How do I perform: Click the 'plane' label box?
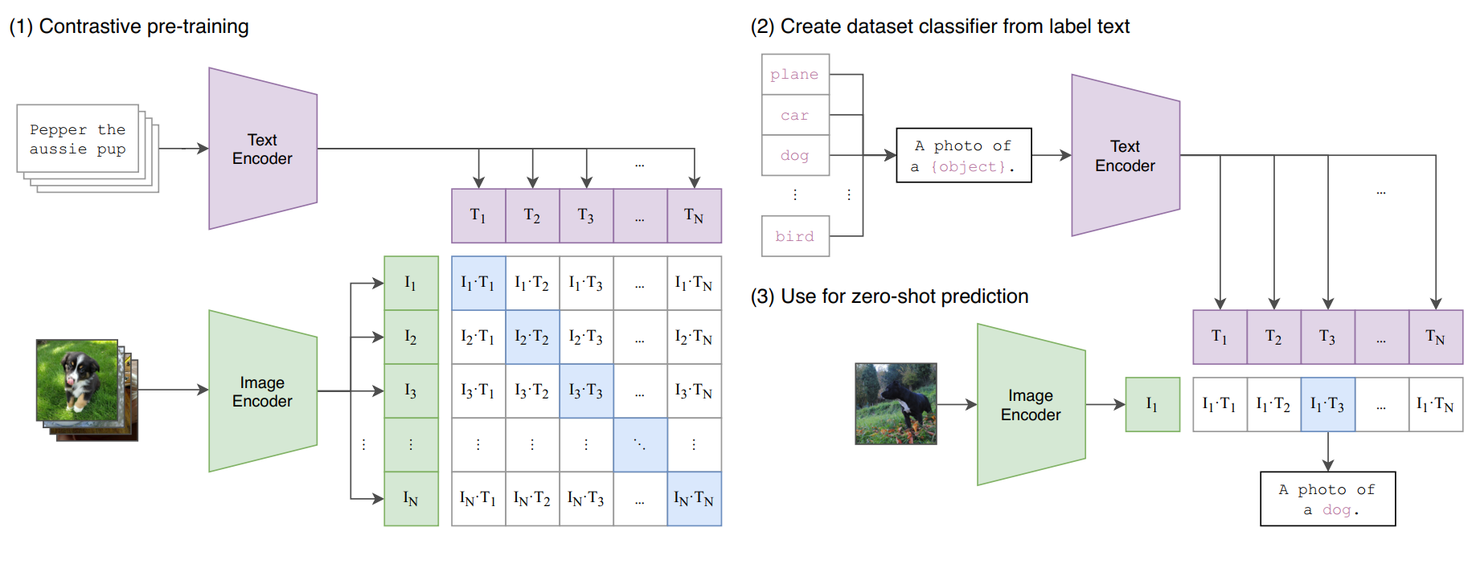click(x=795, y=75)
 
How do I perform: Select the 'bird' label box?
click(x=795, y=236)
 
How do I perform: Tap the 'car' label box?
click(x=795, y=115)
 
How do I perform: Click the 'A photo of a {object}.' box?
click(x=963, y=156)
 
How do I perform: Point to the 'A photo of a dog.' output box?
click(x=1327, y=499)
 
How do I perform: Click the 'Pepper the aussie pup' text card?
click(x=78, y=139)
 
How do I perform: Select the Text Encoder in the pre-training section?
click(x=262, y=149)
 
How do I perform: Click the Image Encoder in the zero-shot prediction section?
click(x=1031, y=405)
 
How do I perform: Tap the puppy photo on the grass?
click(x=77, y=380)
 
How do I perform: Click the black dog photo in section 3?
click(x=896, y=403)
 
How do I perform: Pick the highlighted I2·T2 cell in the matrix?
click(x=532, y=337)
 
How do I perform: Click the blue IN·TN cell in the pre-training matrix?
click(x=694, y=499)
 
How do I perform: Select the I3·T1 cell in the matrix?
click(x=478, y=391)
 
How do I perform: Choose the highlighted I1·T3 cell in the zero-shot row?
click(x=1327, y=405)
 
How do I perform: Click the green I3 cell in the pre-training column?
click(x=411, y=391)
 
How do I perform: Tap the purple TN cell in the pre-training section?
click(x=694, y=215)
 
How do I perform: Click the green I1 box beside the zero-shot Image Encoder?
click(x=1152, y=405)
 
